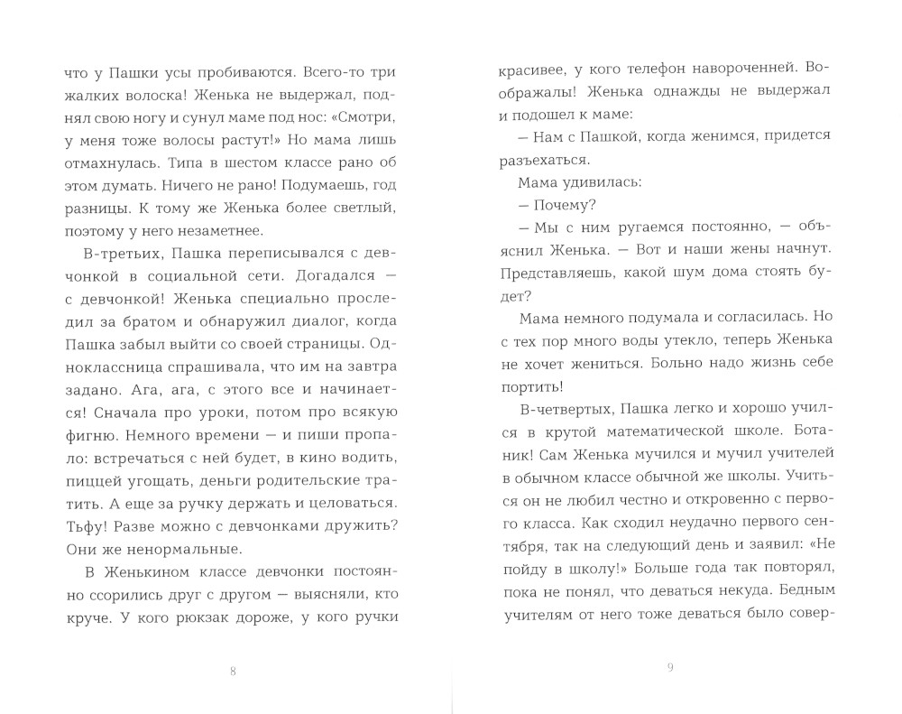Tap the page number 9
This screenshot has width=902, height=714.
point(669,668)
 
